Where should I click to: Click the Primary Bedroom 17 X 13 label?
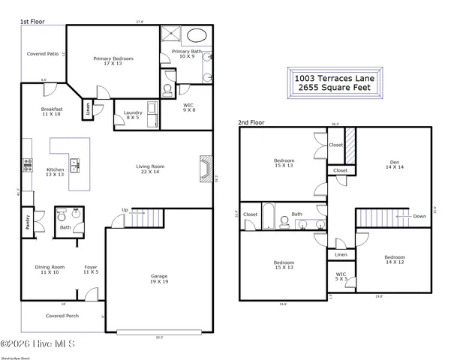click(113, 61)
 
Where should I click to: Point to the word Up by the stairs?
click(125, 210)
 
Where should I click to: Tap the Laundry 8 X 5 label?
click(133, 114)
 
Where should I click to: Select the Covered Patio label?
click(43, 54)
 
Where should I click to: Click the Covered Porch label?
click(62, 316)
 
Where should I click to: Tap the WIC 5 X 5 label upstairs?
click(341, 277)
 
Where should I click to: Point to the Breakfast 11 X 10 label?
click(52, 112)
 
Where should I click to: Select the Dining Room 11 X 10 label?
click(51, 269)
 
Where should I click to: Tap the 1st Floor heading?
click(32, 22)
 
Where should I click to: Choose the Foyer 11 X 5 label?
click(90, 269)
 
